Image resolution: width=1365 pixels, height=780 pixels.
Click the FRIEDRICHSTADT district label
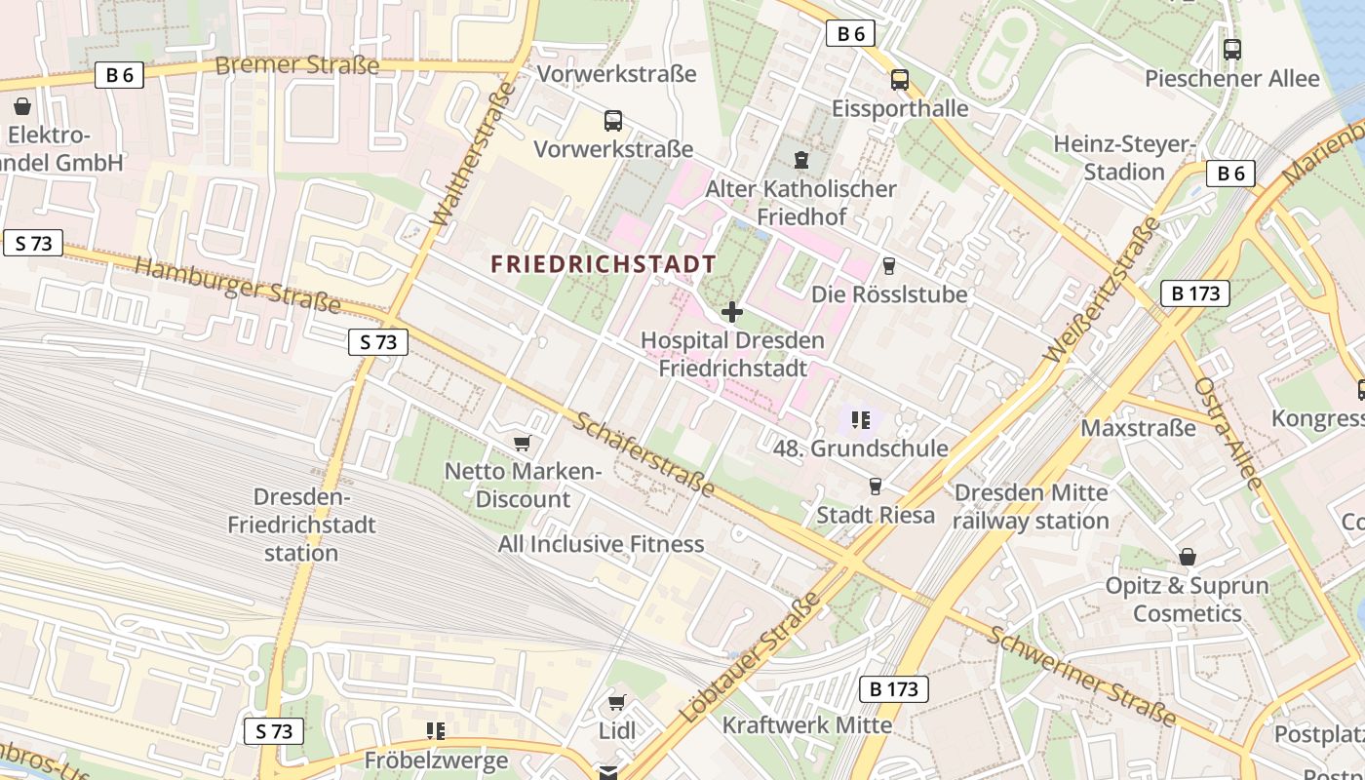click(x=603, y=264)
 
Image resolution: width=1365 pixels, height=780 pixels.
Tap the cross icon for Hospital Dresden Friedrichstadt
click(x=731, y=312)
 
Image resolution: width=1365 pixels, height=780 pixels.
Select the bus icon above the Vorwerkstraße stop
click(x=613, y=121)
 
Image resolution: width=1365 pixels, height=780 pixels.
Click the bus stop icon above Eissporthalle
click(x=899, y=80)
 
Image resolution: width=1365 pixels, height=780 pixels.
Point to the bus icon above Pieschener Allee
click(x=1232, y=49)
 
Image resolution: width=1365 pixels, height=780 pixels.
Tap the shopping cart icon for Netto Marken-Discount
click(x=523, y=444)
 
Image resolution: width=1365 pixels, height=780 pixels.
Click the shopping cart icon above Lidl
click(x=616, y=702)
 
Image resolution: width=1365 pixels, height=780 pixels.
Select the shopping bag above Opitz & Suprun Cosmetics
click(x=1187, y=557)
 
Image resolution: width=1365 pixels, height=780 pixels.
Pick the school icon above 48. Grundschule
click(x=860, y=420)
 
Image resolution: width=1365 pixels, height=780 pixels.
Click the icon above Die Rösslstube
click(x=888, y=265)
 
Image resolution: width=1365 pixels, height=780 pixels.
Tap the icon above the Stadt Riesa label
click(x=875, y=486)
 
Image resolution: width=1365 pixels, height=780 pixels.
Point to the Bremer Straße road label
click(x=296, y=65)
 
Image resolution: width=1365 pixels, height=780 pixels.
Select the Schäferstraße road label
click(x=643, y=453)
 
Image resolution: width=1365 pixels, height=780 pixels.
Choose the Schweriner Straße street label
click(x=1082, y=676)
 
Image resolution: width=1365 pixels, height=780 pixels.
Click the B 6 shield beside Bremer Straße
click(x=119, y=75)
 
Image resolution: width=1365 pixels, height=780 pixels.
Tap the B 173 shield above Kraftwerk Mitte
click(x=893, y=689)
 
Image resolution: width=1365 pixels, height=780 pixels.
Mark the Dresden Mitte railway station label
click(x=1032, y=506)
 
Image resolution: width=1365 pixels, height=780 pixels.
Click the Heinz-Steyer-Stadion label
click(x=1124, y=158)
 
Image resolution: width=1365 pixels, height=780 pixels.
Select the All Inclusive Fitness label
click(x=601, y=544)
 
